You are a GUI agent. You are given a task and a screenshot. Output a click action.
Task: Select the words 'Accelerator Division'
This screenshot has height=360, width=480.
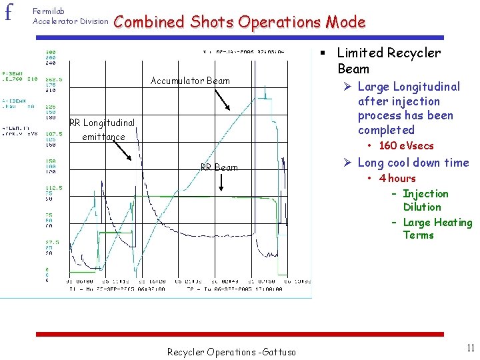(x=70, y=21)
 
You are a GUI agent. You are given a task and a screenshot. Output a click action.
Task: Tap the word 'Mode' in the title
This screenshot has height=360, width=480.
(x=345, y=22)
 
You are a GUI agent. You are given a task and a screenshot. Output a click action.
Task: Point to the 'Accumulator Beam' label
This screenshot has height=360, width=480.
(x=190, y=81)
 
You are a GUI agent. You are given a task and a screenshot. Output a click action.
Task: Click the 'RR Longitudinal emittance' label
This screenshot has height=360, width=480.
(x=102, y=130)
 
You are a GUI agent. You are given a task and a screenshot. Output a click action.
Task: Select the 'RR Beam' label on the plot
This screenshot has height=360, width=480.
(x=219, y=167)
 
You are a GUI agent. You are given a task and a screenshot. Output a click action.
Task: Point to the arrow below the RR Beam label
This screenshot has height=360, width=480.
(x=220, y=185)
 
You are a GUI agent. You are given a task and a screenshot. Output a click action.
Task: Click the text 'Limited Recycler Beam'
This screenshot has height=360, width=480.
(x=389, y=61)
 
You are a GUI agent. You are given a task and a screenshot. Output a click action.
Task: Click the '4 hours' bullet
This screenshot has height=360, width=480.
(x=397, y=178)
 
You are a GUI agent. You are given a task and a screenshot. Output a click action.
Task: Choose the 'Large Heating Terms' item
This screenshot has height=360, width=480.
(x=437, y=229)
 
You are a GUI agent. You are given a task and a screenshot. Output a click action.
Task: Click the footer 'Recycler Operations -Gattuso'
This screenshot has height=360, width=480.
(x=231, y=351)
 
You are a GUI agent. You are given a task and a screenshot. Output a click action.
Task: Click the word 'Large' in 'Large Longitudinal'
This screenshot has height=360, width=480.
(x=373, y=87)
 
